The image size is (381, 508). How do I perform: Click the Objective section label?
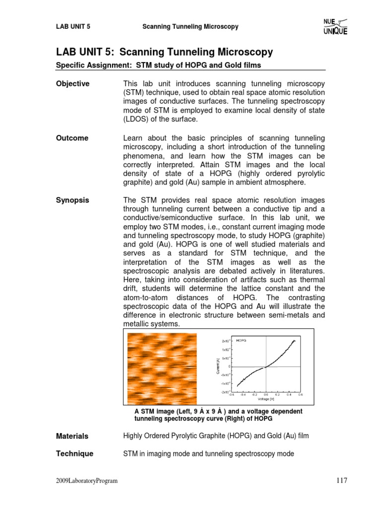(x=73, y=84)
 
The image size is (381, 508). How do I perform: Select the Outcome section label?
(x=72, y=138)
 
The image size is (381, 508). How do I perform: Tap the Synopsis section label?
(x=73, y=200)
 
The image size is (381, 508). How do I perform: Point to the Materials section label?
(x=72, y=436)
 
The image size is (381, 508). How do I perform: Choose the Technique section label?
(x=74, y=453)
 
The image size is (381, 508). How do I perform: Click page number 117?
(x=341, y=480)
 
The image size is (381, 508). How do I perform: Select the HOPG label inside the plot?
(x=242, y=341)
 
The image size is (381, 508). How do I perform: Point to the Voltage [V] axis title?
(x=267, y=399)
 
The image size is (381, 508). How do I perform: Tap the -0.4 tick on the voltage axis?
(x=243, y=395)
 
